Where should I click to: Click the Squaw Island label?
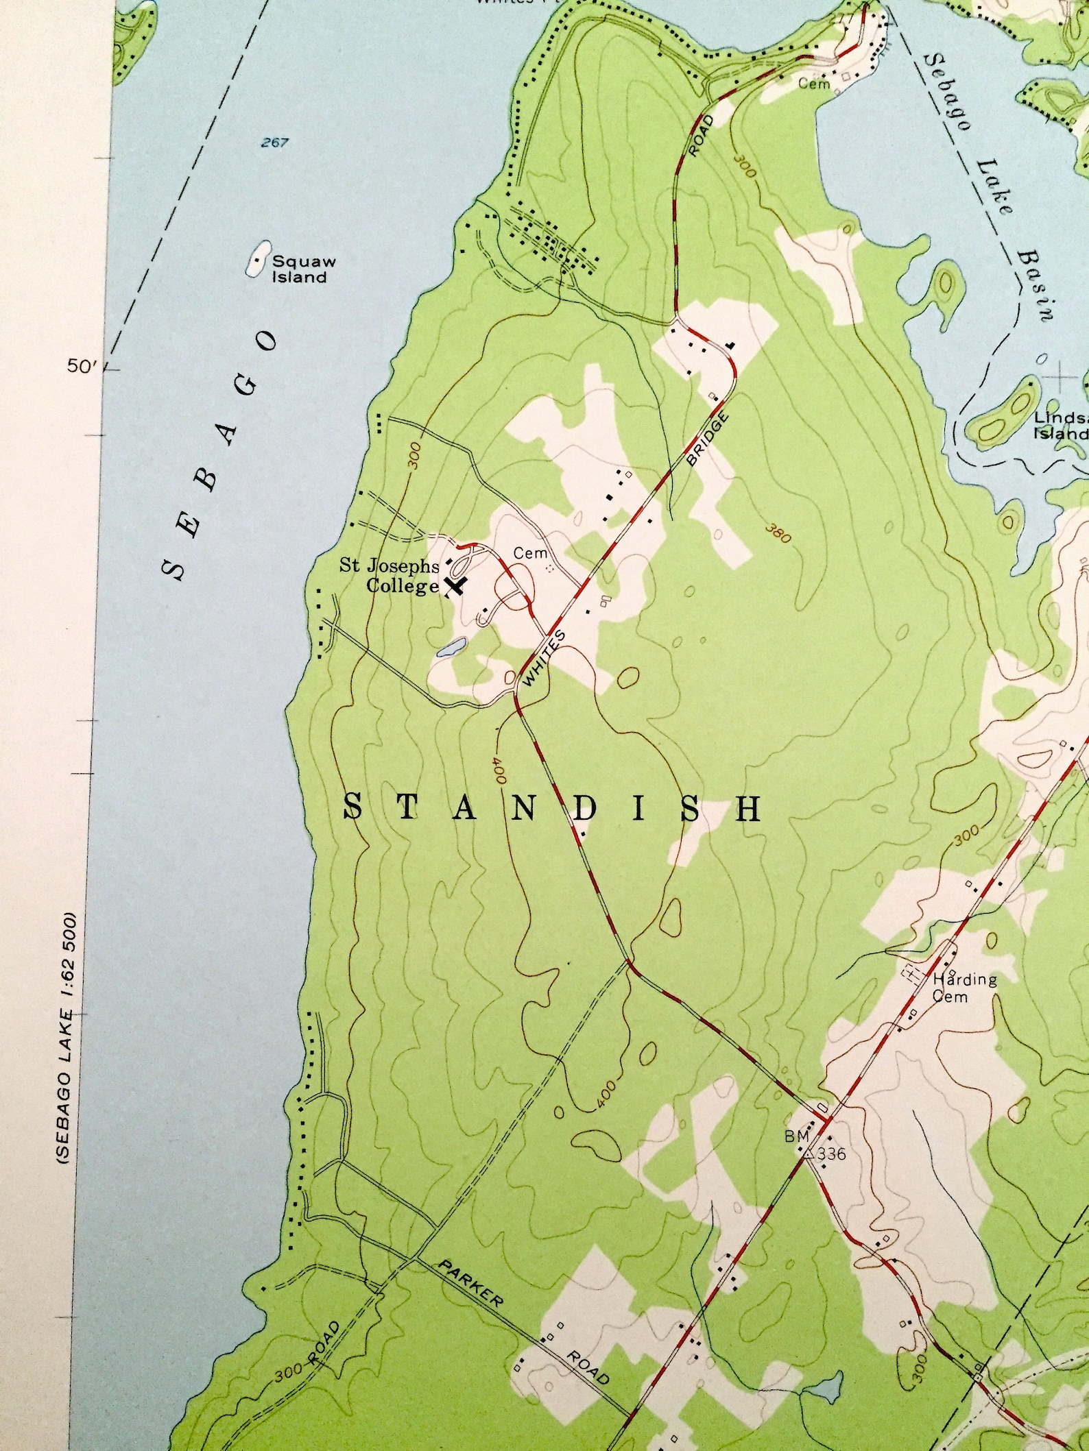click(299, 269)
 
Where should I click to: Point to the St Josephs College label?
click(390, 576)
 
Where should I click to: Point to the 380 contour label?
click(777, 535)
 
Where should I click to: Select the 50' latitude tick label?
click(82, 367)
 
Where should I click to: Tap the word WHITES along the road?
click(544, 659)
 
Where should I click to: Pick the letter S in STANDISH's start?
click(352, 807)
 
